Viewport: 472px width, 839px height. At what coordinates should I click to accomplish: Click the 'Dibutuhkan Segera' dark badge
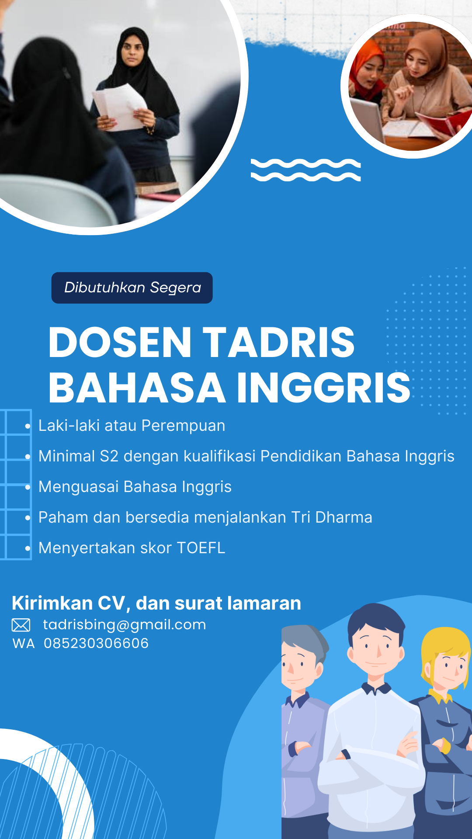tap(132, 288)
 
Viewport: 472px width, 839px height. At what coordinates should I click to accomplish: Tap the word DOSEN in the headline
tap(120, 342)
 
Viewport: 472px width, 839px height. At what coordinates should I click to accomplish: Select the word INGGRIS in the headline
tap(323, 388)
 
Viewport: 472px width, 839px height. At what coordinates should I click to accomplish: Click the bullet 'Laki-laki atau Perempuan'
tap(132, 426)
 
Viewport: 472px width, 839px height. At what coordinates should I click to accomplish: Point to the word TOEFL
tap(201, 548)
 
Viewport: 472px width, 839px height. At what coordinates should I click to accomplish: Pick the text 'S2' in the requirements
tap(109, 456)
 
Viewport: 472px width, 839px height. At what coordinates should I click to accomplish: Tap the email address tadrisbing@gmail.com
tap(125, 625)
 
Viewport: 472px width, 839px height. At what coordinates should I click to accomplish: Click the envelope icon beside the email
tap(21, 625)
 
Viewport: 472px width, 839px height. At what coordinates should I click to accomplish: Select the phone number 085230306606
tap(96, 643)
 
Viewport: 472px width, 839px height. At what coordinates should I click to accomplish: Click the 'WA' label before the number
tap(24, 644)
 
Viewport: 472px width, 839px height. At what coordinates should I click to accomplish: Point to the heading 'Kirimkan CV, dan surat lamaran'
tap(156, 603)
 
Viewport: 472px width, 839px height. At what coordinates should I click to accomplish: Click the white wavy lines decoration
tap(306, 170)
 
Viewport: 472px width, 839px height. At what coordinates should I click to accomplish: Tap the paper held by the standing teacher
tap(119, 106)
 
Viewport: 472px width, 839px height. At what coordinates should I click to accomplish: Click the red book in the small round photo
tap(441, 122)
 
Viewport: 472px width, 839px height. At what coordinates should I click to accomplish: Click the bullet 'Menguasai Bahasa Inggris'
tap(135, 487)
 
